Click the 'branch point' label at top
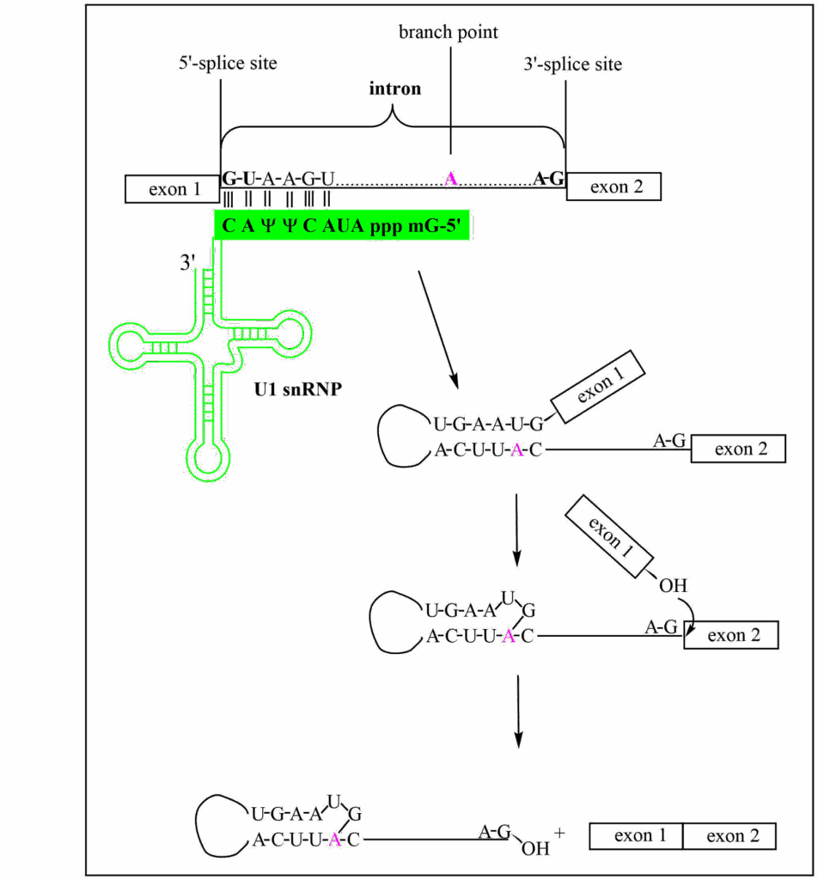click(448, 33)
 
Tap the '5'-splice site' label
click(228, 64)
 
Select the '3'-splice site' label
click(572, 64)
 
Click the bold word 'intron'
click(394, 89)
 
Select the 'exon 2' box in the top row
click(614, 186)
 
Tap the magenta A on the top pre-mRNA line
click(451, 179)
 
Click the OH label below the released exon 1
click(672, 585)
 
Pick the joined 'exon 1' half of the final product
click(636, 836)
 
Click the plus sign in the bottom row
click(560, 832)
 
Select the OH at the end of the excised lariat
click(535, 849)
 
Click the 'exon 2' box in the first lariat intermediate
click(739, 449)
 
